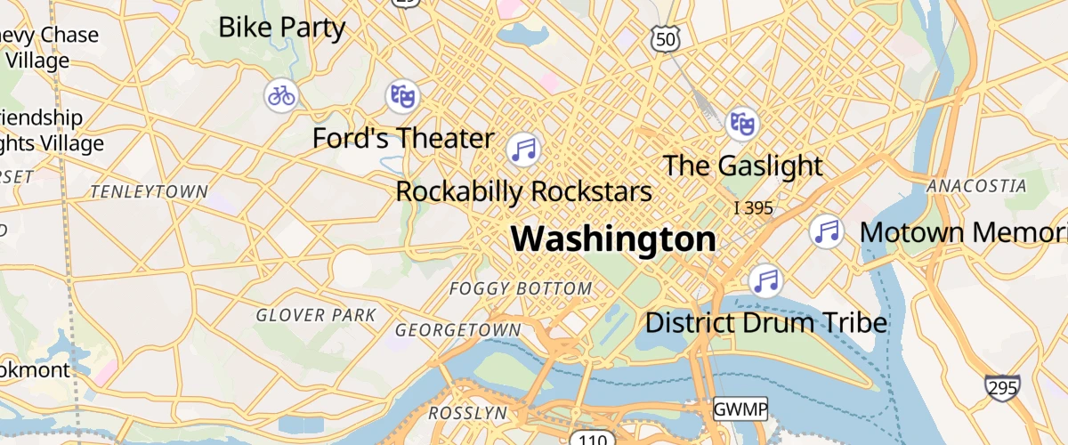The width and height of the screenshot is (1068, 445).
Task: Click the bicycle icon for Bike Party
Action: pos(281,94)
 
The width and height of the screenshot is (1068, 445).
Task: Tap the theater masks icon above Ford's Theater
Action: pos(402,94)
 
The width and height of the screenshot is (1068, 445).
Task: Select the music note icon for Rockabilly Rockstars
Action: pos(524,149)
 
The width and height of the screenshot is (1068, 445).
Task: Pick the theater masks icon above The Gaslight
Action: pos(741,124)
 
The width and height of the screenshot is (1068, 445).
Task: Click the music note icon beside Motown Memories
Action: pos(828,231)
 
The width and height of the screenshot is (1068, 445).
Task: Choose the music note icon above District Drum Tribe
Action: pos(765,280)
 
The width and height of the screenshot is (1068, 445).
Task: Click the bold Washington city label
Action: pos(613,239)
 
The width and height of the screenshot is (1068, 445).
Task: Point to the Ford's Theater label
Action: pos(402,138)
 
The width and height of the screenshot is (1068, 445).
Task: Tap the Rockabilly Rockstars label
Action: pos(523,191)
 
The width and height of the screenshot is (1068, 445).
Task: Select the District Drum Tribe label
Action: pos(765,322)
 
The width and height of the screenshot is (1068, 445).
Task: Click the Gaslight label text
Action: pos(743,166)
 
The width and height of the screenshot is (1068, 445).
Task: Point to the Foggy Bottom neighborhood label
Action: pos(521,288)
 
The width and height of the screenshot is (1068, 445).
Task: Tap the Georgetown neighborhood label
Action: pos(457,330)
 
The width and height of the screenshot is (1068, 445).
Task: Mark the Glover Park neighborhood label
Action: pos(316,315)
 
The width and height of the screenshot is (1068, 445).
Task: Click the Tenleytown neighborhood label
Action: pos(150,191)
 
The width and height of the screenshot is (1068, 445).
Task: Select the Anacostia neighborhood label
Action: pos(976,186)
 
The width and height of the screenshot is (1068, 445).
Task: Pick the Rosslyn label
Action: pos(467,413)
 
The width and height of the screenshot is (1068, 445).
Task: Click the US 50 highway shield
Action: pos(666,38)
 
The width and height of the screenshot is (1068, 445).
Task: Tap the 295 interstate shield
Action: pos(1002,387)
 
